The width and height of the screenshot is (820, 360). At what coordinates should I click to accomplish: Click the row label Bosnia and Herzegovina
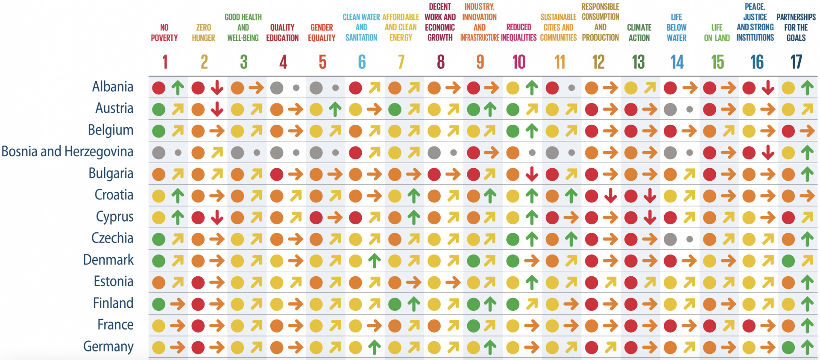67,152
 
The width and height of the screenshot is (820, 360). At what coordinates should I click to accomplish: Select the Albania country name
113,87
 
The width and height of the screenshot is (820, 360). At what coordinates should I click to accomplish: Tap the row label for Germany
108,346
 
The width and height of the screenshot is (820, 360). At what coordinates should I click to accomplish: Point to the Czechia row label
112,238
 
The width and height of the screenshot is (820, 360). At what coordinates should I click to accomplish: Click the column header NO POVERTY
164,33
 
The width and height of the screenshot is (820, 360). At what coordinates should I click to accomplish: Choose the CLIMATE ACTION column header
639,33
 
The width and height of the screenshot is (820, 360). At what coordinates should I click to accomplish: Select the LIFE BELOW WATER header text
676,28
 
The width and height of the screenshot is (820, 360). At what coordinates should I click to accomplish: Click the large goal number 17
796,62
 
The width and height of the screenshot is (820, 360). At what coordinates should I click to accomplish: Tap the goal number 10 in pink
519,62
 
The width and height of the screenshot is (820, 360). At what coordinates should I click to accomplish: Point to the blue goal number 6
362,62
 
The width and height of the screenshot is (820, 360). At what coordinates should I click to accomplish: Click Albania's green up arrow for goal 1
178,88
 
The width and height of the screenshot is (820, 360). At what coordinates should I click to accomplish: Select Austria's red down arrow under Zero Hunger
217,109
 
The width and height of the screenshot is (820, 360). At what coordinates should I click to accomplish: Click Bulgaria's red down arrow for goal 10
532,174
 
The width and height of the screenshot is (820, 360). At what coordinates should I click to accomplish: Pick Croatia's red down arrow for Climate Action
650,196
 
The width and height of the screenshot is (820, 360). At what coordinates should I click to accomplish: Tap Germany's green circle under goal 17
788,347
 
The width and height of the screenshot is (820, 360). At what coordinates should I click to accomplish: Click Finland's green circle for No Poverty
158,304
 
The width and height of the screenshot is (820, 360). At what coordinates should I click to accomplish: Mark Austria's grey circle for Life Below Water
670,109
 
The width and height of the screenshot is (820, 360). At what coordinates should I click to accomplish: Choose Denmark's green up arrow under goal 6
375,260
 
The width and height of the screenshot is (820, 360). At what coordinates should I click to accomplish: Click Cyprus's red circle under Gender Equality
316,217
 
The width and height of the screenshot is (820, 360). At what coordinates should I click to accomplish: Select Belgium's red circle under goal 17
788,131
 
